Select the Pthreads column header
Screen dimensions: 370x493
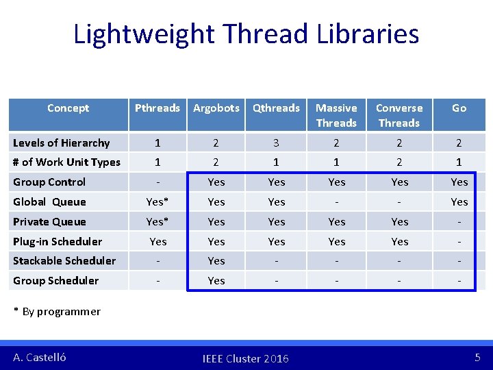pos(157,108)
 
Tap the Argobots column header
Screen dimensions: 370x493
pos(216,108)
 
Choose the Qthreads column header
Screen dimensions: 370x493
pos(276,108)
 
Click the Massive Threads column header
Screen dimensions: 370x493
pos(336,115)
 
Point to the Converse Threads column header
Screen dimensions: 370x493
pos(399,115)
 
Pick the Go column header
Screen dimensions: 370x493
pos(459,108)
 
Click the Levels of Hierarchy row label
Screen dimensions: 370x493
pos(62,143)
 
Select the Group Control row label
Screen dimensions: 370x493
pos(49,182)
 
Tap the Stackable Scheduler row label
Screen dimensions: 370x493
pos(64,260)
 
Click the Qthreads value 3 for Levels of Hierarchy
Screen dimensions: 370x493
pos(276,143)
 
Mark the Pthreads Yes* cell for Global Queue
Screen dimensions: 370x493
pos(157,201)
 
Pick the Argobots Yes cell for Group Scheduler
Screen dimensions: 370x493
pos(216,280)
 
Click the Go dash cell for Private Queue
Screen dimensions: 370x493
pos(459,221)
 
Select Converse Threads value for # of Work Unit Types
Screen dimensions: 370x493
pos(399,162)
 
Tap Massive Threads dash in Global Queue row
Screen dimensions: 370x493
pos(336,201)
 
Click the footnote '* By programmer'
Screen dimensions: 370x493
pos(57,311)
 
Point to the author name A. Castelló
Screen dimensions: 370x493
pos(40,357)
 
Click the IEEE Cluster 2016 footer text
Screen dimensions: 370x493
pos(246,358)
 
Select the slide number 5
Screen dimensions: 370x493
pos(477,357)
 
